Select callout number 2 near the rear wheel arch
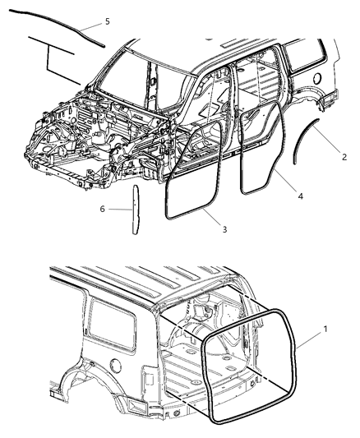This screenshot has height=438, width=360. click(344, 155)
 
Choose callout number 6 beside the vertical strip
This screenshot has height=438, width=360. click(102, 209)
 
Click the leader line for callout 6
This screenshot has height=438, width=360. click(118, 210)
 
